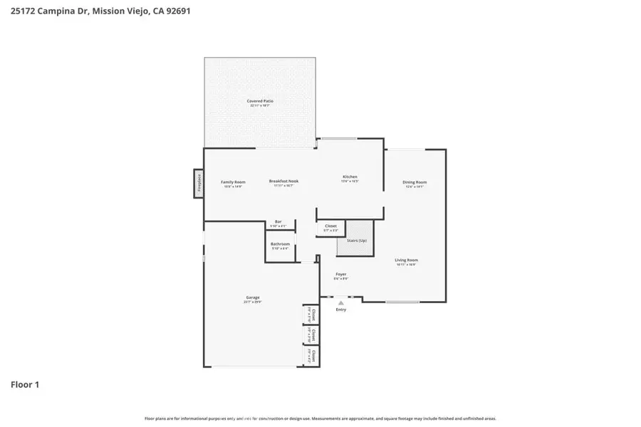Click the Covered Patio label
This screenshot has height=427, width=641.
point(260,101)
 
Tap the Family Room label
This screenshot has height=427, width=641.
point(233,181)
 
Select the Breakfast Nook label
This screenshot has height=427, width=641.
point(283,181)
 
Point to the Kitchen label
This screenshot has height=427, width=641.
point(350,176)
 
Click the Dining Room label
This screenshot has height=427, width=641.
point(414,183)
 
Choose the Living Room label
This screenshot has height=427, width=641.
point(406,260)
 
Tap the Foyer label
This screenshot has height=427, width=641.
point(341,274)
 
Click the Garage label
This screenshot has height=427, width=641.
point(253,297)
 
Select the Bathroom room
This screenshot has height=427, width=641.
point(280,247)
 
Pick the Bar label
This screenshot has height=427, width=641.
point(278,222)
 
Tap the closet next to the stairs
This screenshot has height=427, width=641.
point(330,228)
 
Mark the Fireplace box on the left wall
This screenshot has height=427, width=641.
point(199,183)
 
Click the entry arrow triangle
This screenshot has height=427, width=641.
point(341,302)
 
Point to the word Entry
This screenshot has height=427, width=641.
point(341,310)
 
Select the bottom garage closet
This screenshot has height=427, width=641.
point(311,355)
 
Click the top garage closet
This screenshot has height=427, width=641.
point(311,314)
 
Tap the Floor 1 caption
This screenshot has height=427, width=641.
point(25,385)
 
